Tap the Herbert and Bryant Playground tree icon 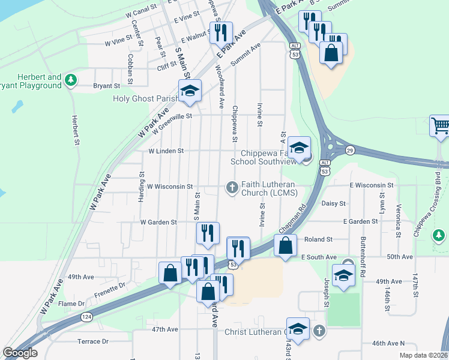coord(71,80)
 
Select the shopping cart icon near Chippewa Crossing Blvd coord(440,126)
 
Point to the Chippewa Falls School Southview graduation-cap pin coord(299,148)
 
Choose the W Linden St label coord(166,151)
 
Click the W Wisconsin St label coord(169,187)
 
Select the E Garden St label coord(360,221)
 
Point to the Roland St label coord(318,239)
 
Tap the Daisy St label coord(334,203)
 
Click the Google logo coord(20,353)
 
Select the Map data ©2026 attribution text coord(424,355)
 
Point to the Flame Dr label coord(72,304)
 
